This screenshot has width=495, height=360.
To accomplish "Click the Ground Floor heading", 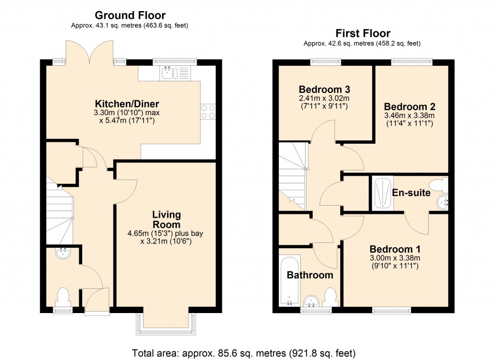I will coord(130,15).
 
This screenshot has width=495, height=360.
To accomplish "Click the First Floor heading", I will coord(363,33).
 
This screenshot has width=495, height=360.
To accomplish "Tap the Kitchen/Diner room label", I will coord(127,104).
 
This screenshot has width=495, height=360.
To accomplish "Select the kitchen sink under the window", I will coord(169,73).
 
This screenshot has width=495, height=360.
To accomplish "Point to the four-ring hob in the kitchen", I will coord(208,112).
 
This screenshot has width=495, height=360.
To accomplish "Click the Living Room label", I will coord(166,219).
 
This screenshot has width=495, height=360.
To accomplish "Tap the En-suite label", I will coord(411,193).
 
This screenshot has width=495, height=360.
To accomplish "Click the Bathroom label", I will coord(310,275).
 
